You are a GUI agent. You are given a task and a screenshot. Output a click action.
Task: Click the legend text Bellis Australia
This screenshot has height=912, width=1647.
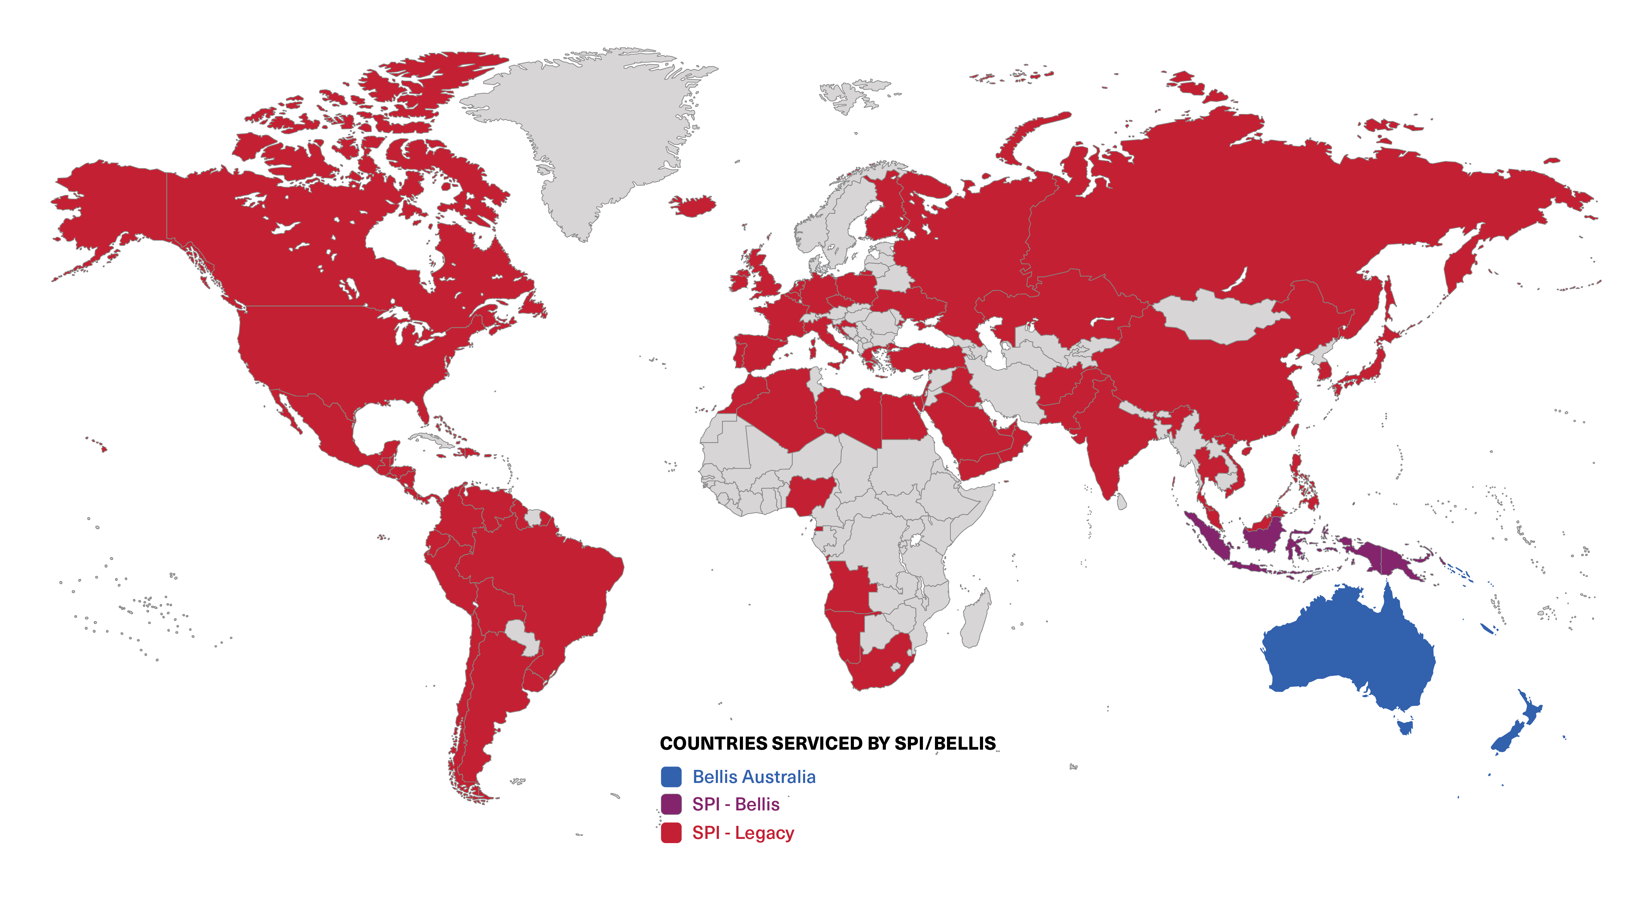pyautogui.click(x=754, y=777)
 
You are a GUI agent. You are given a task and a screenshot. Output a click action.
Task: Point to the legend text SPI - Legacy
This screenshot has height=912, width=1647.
pyautogui.click(x=743, y=833)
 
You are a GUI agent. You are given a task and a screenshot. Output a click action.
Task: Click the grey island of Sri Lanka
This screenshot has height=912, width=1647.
pyautogui.click(x=1121, y=502)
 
